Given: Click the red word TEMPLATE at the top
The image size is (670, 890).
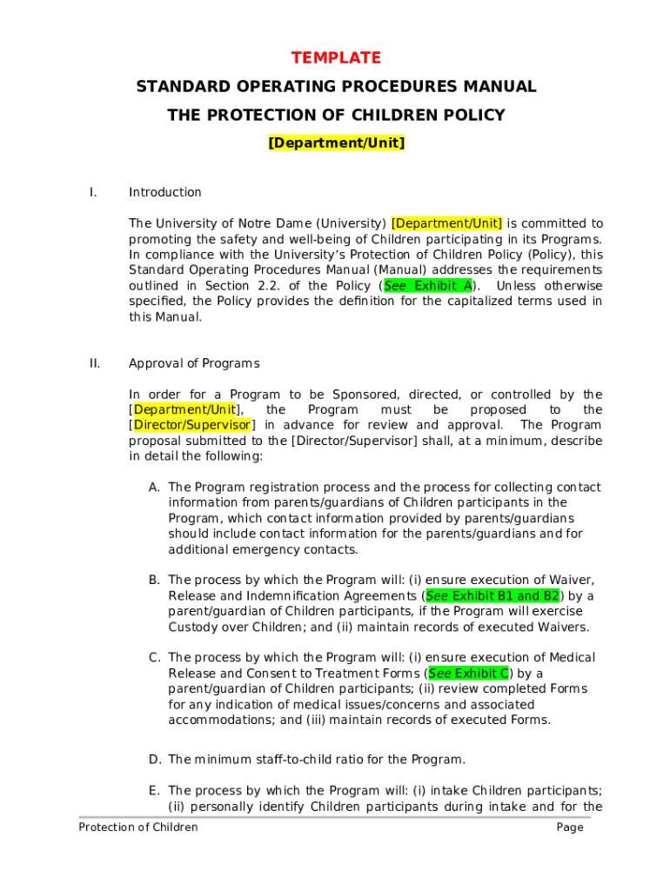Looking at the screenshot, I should pyautogui.click(x=336, y=58).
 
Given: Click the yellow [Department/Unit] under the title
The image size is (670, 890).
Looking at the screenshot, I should pyautogui.click(x=336, y=143).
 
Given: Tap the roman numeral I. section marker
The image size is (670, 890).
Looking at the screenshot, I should pyautogui.click(x=93, y=192).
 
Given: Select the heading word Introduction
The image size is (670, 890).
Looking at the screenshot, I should pyautogui.click(x=164, y=192).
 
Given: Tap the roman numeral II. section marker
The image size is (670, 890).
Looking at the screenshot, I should pyautogui.click(x=94, y=363).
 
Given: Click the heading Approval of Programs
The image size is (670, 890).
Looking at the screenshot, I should pyautogui.click(x=194, y=363).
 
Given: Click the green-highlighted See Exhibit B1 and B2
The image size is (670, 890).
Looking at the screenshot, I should pyautogui.click(x=492, y=596).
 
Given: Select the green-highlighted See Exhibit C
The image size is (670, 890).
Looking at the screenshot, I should pyautogui.click(x=469, y=674).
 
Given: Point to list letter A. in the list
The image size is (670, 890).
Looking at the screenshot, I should pyautogui.click(x=155, y=488).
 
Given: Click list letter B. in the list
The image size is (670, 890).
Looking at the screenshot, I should pyautogui.click(x=155, y=580).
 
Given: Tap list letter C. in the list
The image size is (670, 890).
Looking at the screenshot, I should pyautogui.click(x=155, y=658).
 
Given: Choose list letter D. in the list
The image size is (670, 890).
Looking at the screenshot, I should pyautogui.click(x=155, y=760).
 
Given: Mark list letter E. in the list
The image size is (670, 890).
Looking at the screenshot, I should pyautogui.click(x=155, y=791).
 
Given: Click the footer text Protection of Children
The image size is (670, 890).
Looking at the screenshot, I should pyautogui.click(x=138, y=827).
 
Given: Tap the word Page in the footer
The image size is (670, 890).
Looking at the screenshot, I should pyautogui.click(x=570, y=827).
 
